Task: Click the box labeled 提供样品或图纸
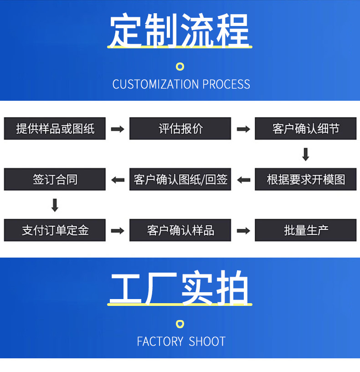[55, 129]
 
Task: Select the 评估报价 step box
[180, 129]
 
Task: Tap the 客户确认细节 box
[305, 129]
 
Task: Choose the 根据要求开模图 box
[305, 179]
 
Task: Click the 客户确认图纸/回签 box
[180, 179]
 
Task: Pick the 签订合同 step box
[55, 179]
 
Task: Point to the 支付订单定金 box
[55, 230]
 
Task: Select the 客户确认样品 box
[180, 230]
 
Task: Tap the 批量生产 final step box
[305, 230]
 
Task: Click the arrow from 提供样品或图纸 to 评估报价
[118, 129]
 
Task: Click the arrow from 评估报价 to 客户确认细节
[243, 129]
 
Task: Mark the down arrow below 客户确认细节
[306, 154]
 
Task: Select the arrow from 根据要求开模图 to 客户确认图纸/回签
[243, 180]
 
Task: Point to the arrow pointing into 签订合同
[118, 180]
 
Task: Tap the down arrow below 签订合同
[55, 205]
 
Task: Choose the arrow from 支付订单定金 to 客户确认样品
[118, 231]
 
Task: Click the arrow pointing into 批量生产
[243, 231]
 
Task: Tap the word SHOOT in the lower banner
[207, 341]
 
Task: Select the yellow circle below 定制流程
[180, 67]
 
